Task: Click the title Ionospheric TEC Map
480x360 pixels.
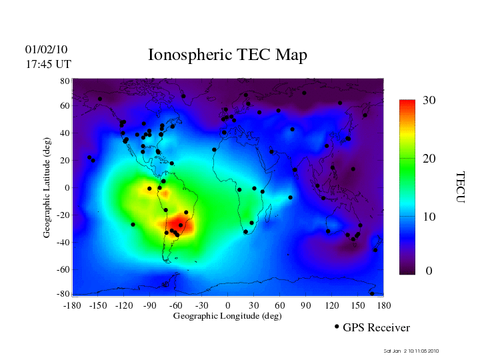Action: point(227,55)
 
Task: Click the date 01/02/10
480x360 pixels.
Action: point(47,49)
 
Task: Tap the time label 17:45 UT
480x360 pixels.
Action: point(49,64)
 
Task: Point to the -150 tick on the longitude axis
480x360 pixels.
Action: point(98,305)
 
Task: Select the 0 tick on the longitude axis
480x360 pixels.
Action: point(227,305)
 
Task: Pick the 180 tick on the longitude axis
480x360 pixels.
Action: point(383,305)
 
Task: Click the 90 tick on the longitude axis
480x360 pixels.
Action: point(306,305)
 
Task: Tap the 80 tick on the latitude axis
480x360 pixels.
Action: point(65,80)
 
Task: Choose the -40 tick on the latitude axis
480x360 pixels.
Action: point(63,242)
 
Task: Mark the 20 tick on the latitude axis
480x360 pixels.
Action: point(65,161)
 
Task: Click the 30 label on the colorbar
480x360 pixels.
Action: point(429,101)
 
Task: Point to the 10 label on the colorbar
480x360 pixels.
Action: point(429,217)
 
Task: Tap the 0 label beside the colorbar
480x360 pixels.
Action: point(429,271)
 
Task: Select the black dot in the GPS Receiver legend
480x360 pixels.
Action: point(337,327)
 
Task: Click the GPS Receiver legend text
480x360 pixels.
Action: point(376,327)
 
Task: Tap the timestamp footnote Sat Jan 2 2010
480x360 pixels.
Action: point(411,351)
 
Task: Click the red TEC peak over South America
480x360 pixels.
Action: point(180,225)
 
